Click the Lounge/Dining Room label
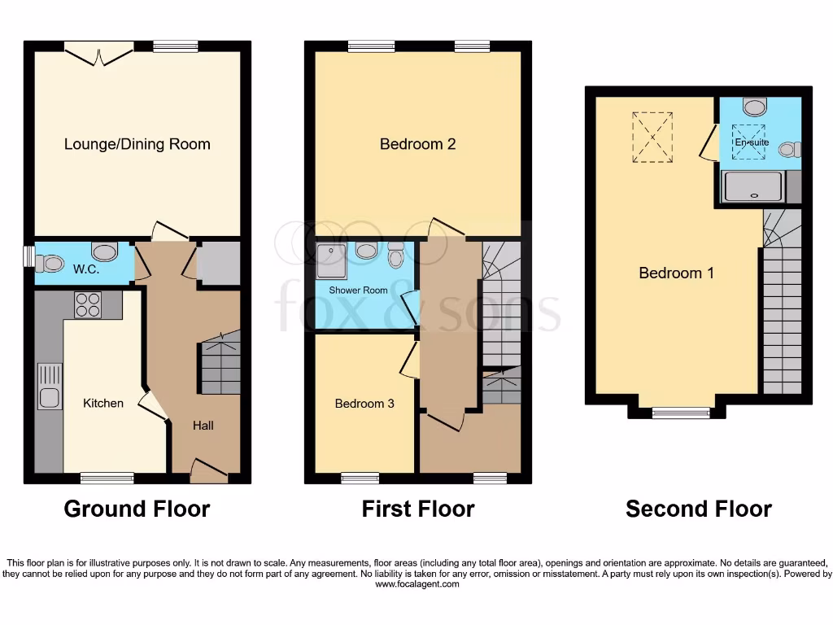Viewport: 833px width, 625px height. click(x=137, y=144)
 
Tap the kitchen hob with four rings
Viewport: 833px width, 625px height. click(x=87, y=304)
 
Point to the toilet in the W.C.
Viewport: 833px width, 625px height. click(x=51, y=262)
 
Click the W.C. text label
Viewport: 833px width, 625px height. click(x=86, y=270)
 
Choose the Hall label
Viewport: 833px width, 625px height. click(x=203, y=425)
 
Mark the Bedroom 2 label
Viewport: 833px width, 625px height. click(x=417, y=144)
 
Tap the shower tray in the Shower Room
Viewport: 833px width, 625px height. click(x=331, y=256)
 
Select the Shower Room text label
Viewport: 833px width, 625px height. click(x=358, y=290)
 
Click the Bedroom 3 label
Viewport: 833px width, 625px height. click(x=364, y=403)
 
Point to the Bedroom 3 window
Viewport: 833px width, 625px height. click(x=360, y=478)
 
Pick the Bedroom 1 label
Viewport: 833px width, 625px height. click(x=676, y=273)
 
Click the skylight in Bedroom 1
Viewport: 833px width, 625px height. click(x=652, y=137)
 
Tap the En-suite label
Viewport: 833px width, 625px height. click(x=752, y=142)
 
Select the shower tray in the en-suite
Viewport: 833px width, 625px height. click(x=753, y=187)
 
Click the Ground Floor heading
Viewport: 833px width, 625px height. click(x=137, y=509)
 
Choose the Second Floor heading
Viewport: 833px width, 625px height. click(x=698, y=509)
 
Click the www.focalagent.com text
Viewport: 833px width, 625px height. click(x=416, y=584)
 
